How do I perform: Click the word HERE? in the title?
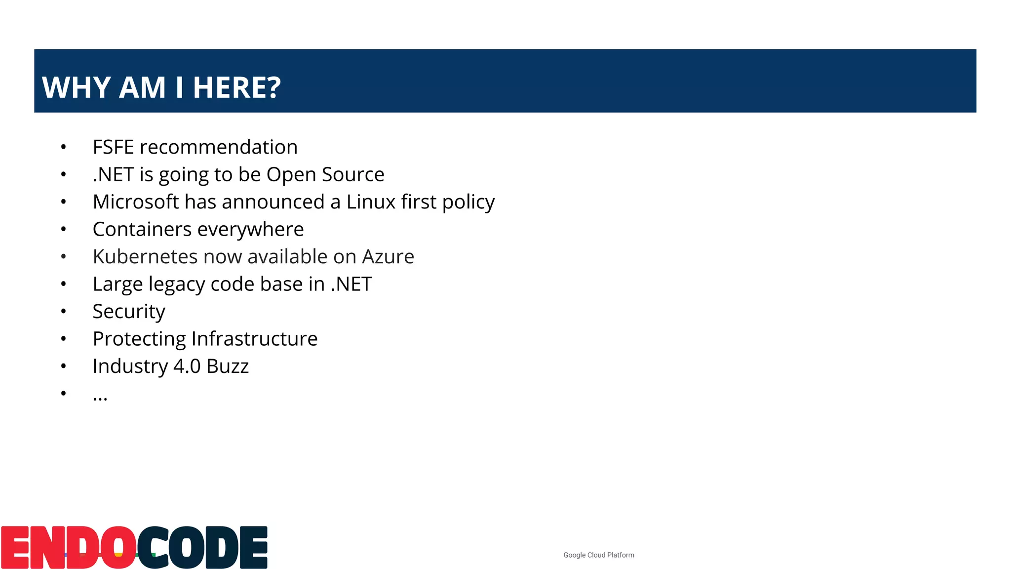click(236, 87)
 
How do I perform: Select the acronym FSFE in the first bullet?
click(113, 147)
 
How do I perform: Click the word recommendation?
click(219, 147)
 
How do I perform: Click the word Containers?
click(142, 229)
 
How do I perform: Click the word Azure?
click(388, 257)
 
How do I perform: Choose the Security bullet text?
click(129, 312)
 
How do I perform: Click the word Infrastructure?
click(254, 339)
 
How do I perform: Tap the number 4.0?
click(187, 366)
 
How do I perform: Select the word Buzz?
click(228, 366)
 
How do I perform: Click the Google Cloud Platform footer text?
click(599, 555)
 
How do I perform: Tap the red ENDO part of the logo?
click(68, 548)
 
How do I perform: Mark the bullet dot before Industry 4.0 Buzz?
click(63, 366)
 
